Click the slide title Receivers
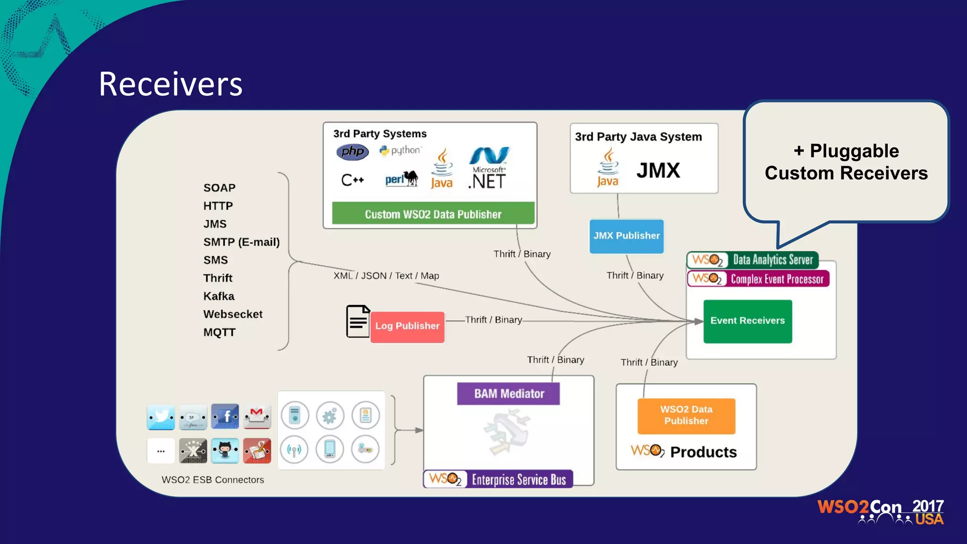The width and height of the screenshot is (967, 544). [170, 84]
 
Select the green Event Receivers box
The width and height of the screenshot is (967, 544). [747, 321]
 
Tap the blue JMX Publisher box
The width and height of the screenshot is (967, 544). [627, 236]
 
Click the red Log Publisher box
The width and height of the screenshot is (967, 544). [407, 326]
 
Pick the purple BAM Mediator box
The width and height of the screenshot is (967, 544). [509, 393]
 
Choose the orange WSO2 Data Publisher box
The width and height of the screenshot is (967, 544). [686, 416]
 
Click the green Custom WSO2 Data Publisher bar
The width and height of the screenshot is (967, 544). [433, 214]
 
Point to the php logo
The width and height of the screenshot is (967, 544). [352, 152]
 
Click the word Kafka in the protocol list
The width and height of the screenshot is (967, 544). [219, 296]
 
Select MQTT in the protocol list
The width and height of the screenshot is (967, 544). [219, 332]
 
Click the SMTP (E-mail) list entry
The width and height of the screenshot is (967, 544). [241, 242]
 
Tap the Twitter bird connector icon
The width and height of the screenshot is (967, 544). [161, 416]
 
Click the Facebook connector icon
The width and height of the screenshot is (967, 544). [225, 416]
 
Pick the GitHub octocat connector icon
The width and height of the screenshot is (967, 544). [225, 450]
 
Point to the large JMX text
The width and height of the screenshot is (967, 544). [658, 170]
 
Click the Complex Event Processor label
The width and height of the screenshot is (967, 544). [776, 279]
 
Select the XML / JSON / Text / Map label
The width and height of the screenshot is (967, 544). [386, 276]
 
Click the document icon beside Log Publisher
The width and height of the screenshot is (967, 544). [357, 322]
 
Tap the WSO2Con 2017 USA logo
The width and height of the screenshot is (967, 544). [881, 512]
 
